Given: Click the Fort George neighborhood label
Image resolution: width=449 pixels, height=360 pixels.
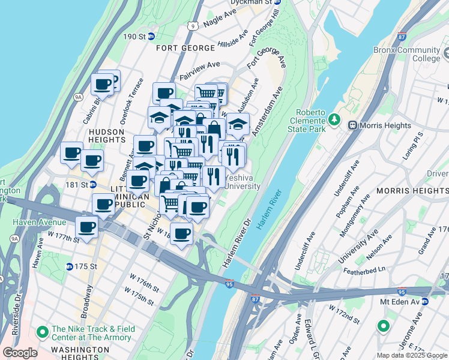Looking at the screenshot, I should point(185,47).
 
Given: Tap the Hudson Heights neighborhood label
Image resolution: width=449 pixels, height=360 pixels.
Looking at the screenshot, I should point(106,135).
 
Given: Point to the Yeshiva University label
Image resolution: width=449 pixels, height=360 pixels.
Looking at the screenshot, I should point(243,182).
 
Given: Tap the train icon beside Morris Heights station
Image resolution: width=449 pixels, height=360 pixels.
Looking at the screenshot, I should point(352,125).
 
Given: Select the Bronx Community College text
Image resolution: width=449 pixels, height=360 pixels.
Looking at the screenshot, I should point(406,54).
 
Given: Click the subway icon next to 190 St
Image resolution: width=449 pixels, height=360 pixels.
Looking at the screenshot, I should point(151,37).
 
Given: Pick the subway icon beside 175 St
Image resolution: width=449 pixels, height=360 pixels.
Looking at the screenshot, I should point(70,266).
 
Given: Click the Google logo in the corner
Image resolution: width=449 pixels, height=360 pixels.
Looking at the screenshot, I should point(20,353).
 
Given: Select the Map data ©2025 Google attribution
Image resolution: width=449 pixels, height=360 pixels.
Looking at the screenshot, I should point(411,355).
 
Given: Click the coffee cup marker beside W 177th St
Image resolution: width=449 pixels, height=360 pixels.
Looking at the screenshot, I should point(87,228).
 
